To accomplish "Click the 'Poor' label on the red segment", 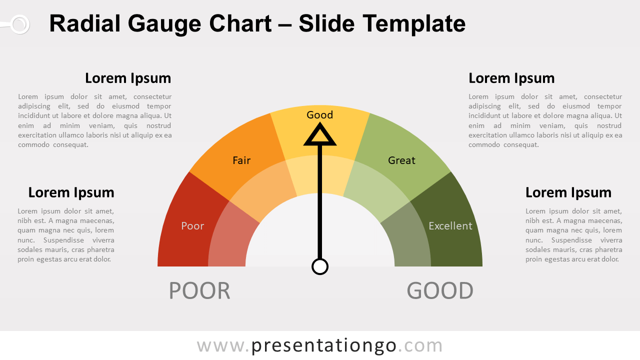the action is [x=192, y=226].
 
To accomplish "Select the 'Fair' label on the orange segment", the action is [x=241, y=160].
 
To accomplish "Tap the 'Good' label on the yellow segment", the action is [x=319, y=115].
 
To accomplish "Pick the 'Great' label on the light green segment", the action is [x=401, y=160].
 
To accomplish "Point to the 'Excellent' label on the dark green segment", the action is [x=450, y=226].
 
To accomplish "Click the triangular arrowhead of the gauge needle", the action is [x=320, y=134].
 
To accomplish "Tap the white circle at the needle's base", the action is [x=320, y=267].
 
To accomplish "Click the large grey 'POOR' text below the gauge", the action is [x=199, y=291].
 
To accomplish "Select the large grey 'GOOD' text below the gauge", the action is [x=440, y=291].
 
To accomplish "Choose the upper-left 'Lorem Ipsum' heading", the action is [x=128, y=78].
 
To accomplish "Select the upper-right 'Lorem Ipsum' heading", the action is [x=511, y=78].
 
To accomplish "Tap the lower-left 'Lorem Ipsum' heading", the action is [x=71, y=192].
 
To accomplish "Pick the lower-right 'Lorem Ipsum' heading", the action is [x=568, y=192].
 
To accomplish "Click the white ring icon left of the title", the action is [x=20, y=24].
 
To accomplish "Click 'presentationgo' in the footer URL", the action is [x=323, y=345].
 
